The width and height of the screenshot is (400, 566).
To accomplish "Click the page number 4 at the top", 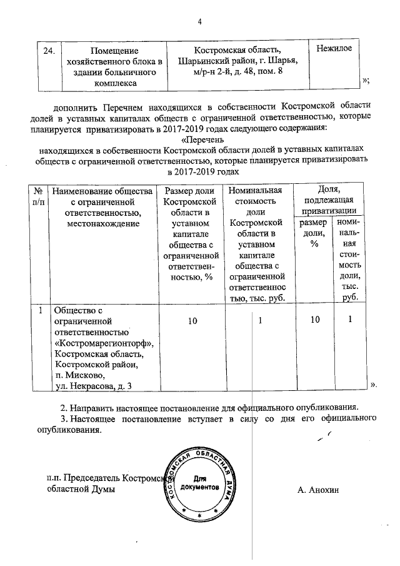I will coord(200,23).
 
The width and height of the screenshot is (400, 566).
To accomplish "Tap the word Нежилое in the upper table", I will coord(334,48).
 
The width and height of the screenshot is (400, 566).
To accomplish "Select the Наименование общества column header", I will coord(102,206).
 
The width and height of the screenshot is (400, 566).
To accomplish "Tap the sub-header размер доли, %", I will coord(313,235).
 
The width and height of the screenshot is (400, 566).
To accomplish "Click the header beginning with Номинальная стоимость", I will coord(256,244).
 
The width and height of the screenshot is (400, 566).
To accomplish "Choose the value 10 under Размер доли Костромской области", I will coord(191,320).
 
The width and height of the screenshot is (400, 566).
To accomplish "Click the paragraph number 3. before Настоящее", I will coord(64,418).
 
